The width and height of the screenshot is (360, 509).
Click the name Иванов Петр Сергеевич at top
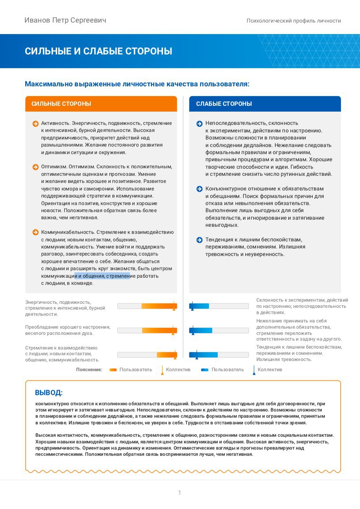65,20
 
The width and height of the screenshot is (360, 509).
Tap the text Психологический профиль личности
294,21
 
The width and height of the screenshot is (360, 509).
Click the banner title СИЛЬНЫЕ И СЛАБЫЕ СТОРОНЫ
98,51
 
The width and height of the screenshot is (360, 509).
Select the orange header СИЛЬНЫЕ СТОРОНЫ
61,104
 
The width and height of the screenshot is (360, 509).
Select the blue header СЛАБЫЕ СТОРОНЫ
224,104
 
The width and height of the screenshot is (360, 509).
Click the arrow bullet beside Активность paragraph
35,123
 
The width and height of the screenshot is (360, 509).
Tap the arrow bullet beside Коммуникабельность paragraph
35,232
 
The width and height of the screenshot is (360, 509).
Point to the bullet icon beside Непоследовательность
200,123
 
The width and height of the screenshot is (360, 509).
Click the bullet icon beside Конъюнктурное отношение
200,189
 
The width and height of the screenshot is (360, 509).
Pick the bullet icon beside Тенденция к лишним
200,240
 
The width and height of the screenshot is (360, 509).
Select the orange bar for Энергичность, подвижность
159,306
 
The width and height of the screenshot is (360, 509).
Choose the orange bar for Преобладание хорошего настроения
159,330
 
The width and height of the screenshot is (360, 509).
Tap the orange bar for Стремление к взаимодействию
166,354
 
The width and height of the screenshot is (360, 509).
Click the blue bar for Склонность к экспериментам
199,306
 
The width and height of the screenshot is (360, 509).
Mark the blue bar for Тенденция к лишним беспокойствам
203,354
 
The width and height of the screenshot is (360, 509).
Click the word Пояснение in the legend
89,369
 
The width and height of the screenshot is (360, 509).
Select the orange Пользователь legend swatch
112,369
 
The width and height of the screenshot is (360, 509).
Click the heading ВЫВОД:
49,393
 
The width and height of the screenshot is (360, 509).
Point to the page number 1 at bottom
179,493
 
